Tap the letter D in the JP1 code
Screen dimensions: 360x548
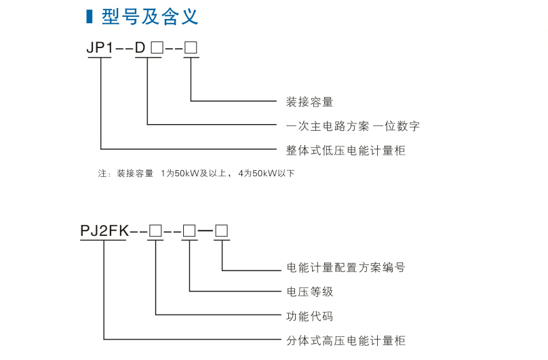pyautogui.click(x=140, y=48)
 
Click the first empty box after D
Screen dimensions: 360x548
pyautogui.click(x=157, y=48)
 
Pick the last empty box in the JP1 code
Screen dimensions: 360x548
pyautogui.click(x=191, y=48)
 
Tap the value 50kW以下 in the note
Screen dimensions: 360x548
pyautogui.click(x=273, y=174)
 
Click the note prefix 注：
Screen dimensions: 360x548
pyautogui.click(x=104, y=174)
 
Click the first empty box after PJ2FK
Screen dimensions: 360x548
pyautogui.click(x=155, y=231)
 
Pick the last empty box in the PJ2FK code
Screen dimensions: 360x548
pyautogui.click(x=222, y=231)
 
